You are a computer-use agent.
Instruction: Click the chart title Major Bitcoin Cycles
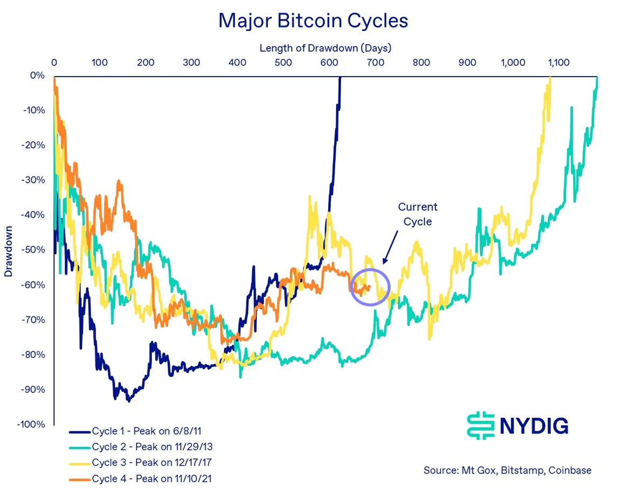click(313, 21)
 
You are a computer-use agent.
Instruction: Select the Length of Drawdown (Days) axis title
click(325, 47)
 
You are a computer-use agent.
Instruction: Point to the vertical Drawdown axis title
click(8, 250)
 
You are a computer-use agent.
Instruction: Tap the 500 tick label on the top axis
click(283, 63)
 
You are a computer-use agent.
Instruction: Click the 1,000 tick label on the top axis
click(513, 63)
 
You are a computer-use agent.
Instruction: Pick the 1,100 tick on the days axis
click(559, 63)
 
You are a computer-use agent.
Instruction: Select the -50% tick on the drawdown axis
click(34, 250)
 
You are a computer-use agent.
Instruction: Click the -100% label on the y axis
click(32, 424)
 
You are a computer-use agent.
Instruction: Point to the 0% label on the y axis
click(37, 76)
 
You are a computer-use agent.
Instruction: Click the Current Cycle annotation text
click(417, 214)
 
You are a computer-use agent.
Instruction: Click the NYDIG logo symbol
click(480, 425)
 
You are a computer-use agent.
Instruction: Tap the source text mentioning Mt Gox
click(507, 470)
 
